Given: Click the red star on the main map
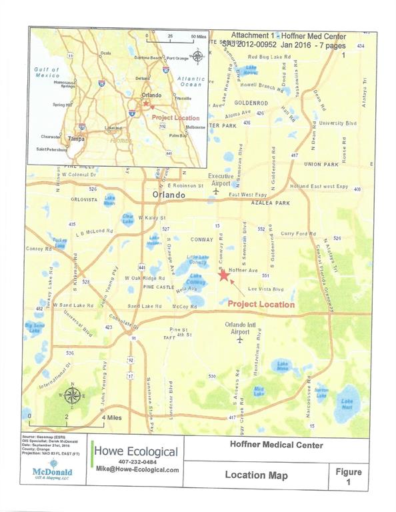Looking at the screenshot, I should pos(223,277).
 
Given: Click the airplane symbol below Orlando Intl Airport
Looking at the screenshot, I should pos(240,339).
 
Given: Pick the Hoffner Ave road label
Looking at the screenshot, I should pos(243,271).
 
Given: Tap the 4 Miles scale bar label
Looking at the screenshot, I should pos(111,417).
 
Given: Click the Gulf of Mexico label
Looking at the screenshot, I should pos(47,73).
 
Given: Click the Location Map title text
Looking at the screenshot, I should pos(256,475).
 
